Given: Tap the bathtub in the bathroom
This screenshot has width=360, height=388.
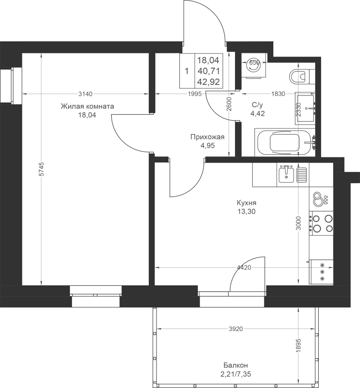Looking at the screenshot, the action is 285,142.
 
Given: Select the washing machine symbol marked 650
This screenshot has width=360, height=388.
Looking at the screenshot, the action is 254,66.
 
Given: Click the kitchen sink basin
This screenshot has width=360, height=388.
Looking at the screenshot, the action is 286,175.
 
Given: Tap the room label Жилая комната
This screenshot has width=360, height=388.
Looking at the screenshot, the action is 88,106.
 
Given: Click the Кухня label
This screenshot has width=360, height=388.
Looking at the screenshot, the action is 247,203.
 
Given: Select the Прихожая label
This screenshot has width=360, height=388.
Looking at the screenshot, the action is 207,137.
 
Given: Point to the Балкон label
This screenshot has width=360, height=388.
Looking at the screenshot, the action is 235,365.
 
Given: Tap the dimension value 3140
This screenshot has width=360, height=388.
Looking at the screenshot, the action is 85,94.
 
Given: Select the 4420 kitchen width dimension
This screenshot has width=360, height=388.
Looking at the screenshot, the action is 244,267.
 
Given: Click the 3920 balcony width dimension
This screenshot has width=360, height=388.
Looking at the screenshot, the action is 236,329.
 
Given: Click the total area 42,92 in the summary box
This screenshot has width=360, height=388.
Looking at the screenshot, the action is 209,81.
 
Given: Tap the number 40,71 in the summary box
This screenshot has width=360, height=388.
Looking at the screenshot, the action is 209,71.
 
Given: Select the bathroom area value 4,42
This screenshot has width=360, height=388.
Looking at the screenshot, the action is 257,113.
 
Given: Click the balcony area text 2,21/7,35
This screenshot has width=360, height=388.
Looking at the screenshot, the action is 235,374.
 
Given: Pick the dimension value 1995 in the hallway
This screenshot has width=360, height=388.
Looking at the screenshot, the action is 195,94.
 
